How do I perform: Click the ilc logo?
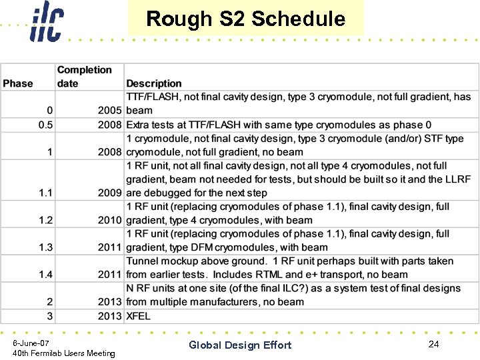pyautogui.click(x=46, y=22)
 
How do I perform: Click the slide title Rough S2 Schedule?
pyautogui.click(x=245, y=19)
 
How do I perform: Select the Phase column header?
pyautogui.click(x=18, y=83)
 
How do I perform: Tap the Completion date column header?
pyautogui.click(x=84, y=77)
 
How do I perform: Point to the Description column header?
pyautogui.click(x=154, y=83)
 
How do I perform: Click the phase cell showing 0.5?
pyautogui.click(x=45, y=125)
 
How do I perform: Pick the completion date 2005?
pyautogui.click(x=109, y=111)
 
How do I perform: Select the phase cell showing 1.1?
pyautogui.click(x=45, y=193)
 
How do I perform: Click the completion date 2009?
pyautogui.click(x=109, y=193)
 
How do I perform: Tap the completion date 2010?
pyautogui.click(x=109, y=220)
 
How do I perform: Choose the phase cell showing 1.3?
pyautogui.click(x=45, y=247)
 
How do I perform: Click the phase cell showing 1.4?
pyautogui.click(x=45, y=275)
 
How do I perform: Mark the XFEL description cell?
pyautogui.click(x=139, y=316)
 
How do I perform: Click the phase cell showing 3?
pyautogui.click(x=50, y=316)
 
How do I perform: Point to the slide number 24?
pyautogui.click(x=433, y=344)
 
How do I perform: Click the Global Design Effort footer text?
pyautogui.click(x=240, y=345)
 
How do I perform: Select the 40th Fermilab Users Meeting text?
pyautogui.click(x=64, y=353)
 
